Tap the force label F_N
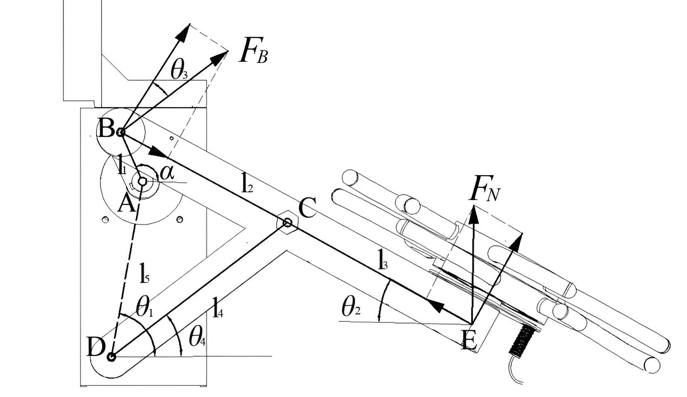click(484, 191)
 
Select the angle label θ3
click(179, 72)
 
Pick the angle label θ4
click(197, 338)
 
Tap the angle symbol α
click(167, 173)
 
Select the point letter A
click(126, 204)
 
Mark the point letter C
click(307, 209)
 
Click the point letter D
click(95, 348)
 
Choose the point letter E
click(469, 341)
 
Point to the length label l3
click(382, 260)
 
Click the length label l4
click(218, 307)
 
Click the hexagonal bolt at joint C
click(287, 223)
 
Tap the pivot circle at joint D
click(111, 356)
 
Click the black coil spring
click(525, 338)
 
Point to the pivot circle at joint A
click(142, 181)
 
